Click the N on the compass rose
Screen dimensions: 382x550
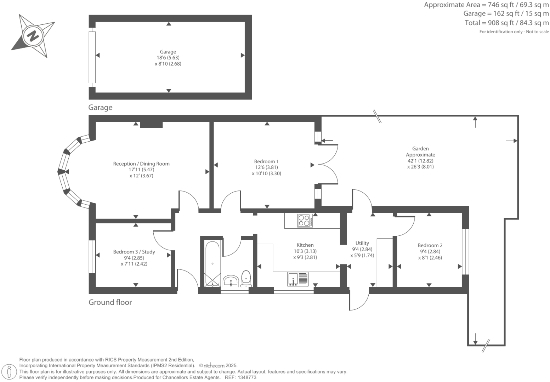coord(33,36)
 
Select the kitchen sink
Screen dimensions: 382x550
coord(298,279)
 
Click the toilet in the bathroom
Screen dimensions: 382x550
coord(246,278)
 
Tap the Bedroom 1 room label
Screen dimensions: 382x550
coord(266,161)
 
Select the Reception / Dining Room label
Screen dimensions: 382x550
coord(141,164)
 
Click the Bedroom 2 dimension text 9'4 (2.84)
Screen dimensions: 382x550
coord(430,252)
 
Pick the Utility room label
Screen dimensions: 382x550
coord(362,243)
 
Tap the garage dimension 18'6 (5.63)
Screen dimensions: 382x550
coord(168,58)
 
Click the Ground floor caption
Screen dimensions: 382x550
coord(110,302)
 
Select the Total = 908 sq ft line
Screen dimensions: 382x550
coord(506,23)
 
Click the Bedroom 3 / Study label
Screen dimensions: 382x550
coord(134,252)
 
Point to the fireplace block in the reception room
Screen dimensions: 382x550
coord(151,125)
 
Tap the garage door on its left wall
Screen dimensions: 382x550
coord(92,57)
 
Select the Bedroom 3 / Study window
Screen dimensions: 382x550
coord(92,257)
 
